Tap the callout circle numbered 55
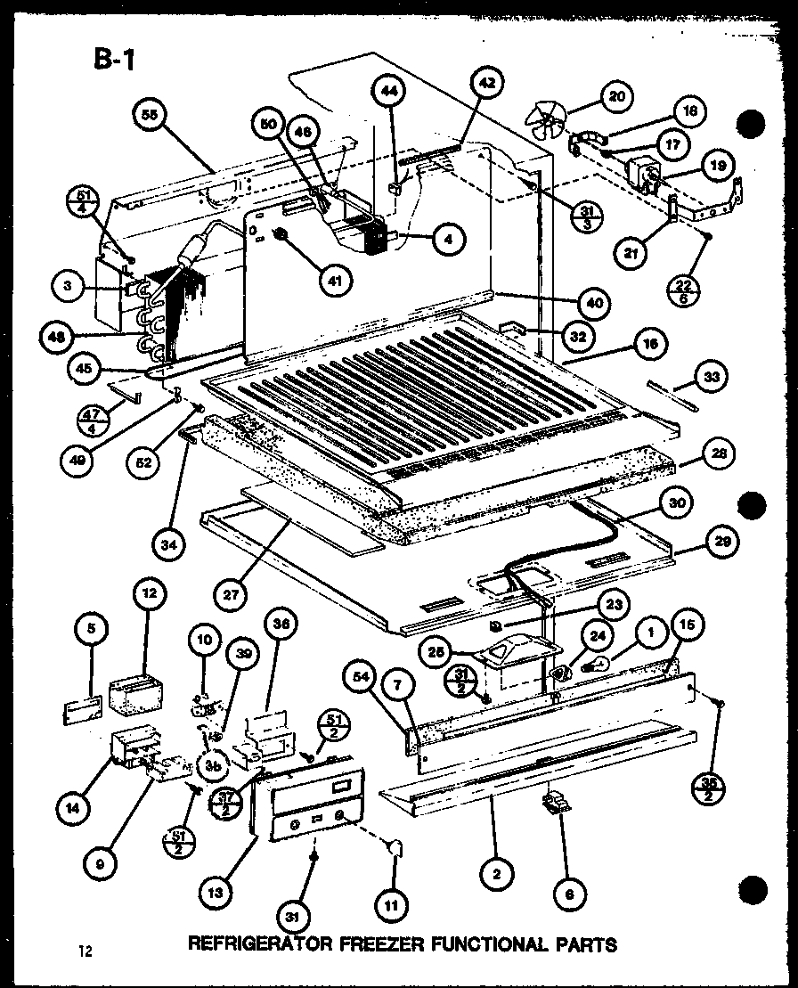coord(155,116)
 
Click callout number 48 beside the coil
coord(58,337)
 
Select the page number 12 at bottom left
coord(85,950)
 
